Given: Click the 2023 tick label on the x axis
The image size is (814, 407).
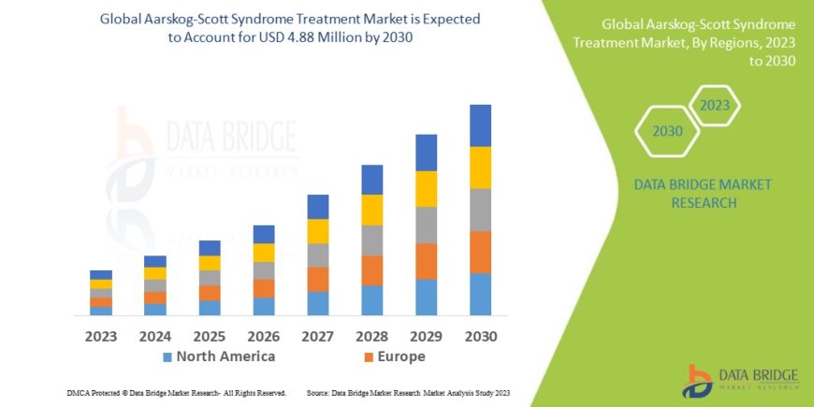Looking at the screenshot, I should [101, 335].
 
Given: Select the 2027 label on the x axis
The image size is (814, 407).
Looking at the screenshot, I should [318, 335].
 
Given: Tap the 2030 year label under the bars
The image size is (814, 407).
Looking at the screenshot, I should [480, 335].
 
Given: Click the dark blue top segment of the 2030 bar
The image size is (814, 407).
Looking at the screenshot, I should [480, 125].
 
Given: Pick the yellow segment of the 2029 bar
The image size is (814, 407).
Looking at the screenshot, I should [426, 189].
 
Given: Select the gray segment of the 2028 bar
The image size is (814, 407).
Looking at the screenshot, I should [371, 240].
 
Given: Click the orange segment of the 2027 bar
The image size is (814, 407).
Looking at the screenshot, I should [318, 279].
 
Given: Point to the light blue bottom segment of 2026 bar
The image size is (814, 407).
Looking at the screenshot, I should [264, 306].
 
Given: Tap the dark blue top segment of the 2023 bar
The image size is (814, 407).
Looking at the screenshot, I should [101, 274].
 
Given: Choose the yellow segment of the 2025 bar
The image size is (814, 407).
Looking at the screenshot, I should [210, 263].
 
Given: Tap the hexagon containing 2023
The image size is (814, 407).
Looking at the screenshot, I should [714, 106].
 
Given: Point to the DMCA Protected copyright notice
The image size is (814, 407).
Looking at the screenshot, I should [177, 393].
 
